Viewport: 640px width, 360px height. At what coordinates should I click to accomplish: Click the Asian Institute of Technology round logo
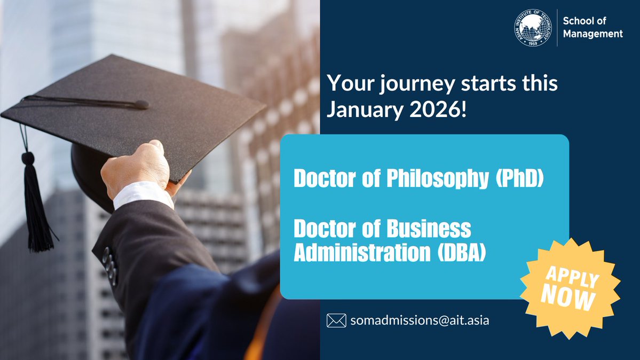535,27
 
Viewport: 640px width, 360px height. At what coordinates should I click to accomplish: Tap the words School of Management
592,27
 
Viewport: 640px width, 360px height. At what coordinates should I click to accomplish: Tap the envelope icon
336,320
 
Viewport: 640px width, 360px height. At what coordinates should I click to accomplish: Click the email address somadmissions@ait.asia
420,320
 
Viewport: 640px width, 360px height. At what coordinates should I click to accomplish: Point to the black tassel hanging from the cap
38,208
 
